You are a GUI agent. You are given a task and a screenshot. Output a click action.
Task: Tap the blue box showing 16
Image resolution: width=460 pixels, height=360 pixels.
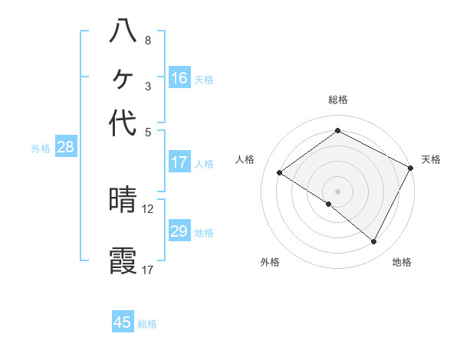[179, 78]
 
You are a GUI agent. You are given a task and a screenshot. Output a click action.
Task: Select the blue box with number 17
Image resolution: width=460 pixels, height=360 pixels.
[179, 162]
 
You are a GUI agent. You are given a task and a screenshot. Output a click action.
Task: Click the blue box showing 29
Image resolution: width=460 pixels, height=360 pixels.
[179, 231]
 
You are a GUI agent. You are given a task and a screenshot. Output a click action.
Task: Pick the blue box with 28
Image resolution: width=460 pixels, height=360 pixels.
[65, 148]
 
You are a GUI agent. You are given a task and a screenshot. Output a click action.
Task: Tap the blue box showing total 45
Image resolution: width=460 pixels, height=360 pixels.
[123, 322]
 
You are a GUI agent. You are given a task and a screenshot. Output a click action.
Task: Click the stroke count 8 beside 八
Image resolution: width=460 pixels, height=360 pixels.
[147, 40]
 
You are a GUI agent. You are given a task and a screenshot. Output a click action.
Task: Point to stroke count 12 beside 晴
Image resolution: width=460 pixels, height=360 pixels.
[148, 208]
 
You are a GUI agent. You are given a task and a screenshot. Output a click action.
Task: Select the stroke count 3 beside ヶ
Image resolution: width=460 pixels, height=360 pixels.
[147, 86]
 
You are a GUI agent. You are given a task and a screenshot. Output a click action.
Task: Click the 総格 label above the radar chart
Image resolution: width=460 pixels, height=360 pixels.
[337, 100]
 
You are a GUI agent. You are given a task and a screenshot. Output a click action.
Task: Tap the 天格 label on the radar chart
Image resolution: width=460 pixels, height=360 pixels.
[431, 159]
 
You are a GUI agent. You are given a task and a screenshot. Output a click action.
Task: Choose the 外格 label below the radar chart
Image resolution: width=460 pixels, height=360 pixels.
[270, 263]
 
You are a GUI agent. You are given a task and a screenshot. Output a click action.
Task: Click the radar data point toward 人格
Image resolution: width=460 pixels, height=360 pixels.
[280, 172]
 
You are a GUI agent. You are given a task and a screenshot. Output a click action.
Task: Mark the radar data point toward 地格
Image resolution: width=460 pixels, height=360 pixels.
[374, 242]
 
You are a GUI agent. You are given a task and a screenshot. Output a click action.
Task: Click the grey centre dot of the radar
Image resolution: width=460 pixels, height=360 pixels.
[337, 191]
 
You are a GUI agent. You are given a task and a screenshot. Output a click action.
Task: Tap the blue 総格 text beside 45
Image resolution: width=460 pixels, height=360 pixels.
[147, 324]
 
